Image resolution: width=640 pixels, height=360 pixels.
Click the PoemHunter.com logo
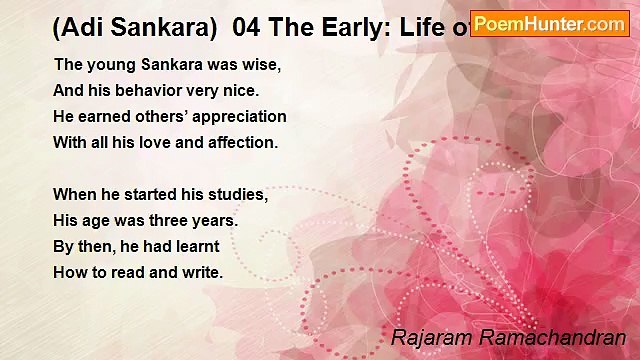click(549, 23)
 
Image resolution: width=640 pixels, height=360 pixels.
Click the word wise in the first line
click(262, 65)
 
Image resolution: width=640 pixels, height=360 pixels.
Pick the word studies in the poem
click(238, 194)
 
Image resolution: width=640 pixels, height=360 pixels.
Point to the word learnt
click(196, 246)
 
